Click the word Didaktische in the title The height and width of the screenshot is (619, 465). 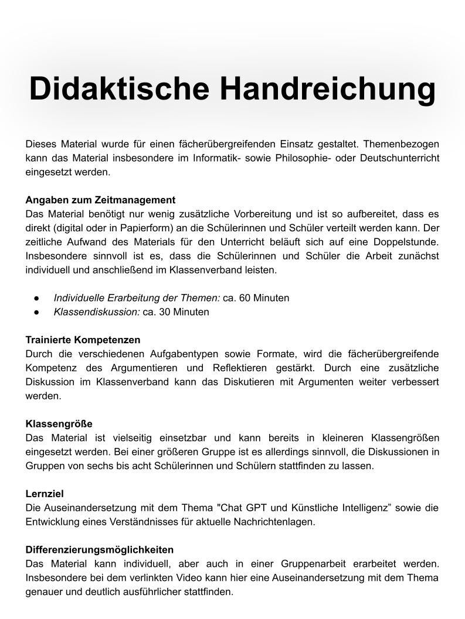pos(120,89)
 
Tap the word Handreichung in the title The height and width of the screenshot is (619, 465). pos(328,89)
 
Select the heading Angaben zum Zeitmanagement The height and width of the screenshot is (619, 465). pos(100,200)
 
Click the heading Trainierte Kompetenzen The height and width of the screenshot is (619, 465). pos(83,340)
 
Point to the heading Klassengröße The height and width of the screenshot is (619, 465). pos(59,423)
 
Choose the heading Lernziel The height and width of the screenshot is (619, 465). pos(45,494)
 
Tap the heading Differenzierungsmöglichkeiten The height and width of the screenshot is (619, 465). pos(100,550)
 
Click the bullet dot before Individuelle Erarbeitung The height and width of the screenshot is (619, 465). pos(36,298)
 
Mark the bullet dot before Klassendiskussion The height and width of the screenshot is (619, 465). pos(36,312)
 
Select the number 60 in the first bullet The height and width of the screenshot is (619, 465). pos(245,298)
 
